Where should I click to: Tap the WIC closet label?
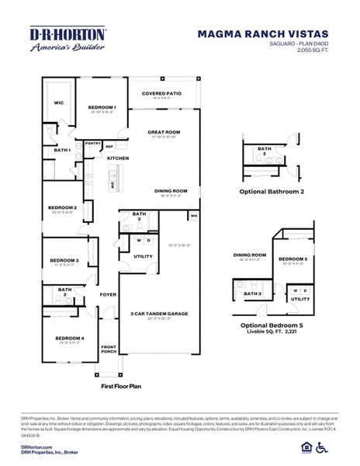(x=58, y=102)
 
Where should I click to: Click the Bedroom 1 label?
(x=102, y=107)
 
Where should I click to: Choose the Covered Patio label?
(x=161, y=93)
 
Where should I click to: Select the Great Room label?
(x=164, y=132)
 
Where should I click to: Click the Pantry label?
(x=93, y=143)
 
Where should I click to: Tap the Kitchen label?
(x=117, y=158)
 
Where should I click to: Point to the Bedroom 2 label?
(x=63, y=208)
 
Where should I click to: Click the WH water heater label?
(x=194, y=215)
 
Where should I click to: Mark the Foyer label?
(x=107, y=295)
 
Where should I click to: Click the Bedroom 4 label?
(x=69, y=338)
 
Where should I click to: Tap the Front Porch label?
(x=109, y=349)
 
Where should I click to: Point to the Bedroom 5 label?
(x=292, y=259)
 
